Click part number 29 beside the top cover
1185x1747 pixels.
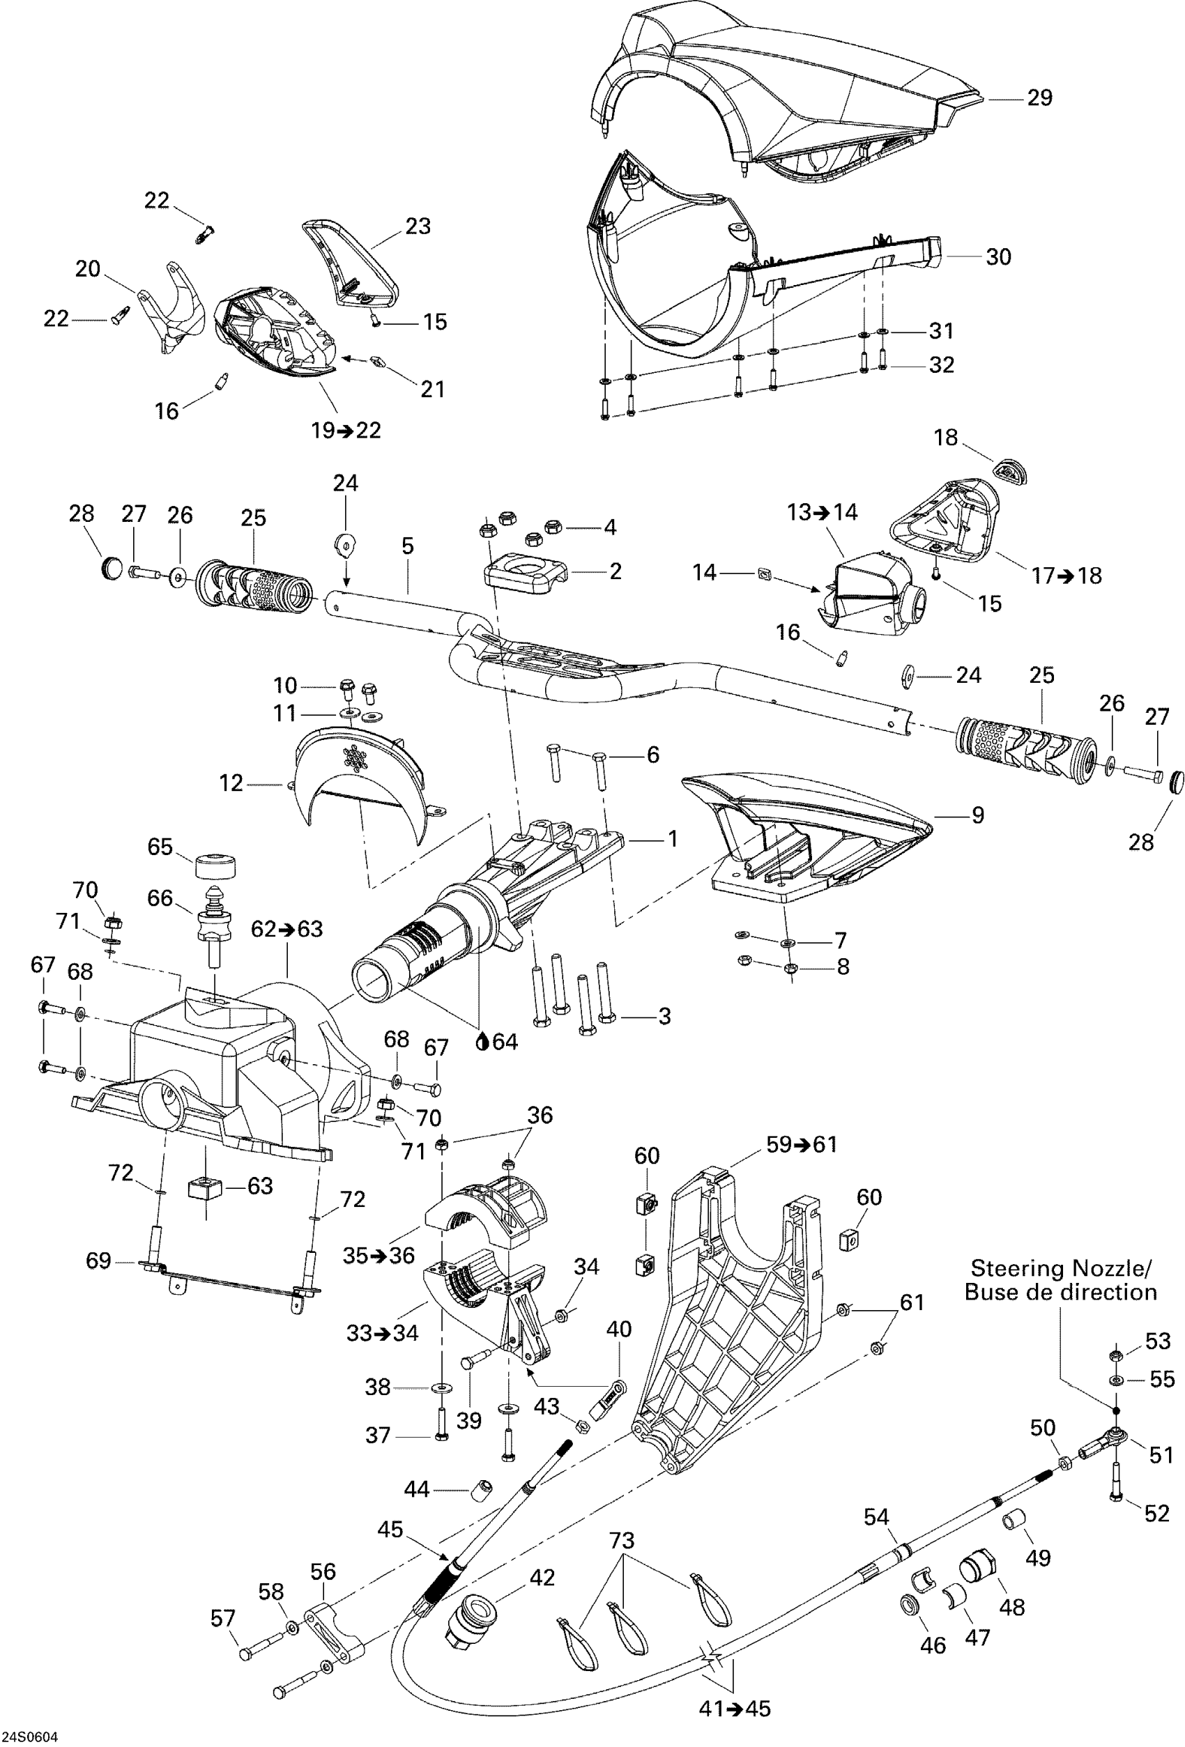pyautogui.click(x=1040, y=98)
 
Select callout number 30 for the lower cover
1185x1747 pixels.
pyautogui.click(x=998, y=257)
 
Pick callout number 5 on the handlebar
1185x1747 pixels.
pyautogui.click(x=408, y=546)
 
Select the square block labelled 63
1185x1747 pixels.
pyautogui.click(x=205, y=1188)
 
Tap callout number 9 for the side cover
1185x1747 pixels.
pyautogui.click(x=977, y=815)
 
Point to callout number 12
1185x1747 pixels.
pyautogui.click(x=231, y=783)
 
